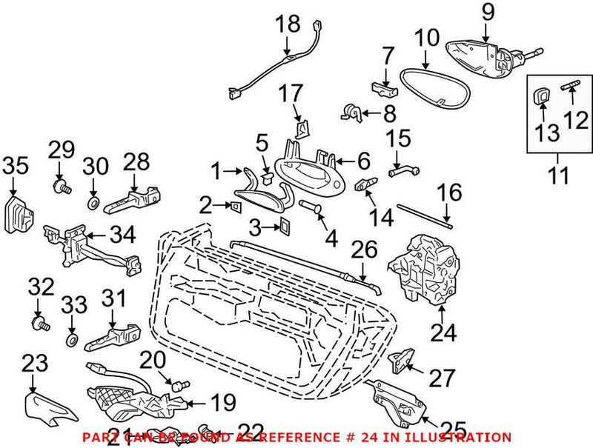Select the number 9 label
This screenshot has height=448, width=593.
click(487, 11)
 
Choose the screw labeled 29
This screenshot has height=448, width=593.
click(61, 185)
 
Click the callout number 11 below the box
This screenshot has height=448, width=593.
click(558, 177)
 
